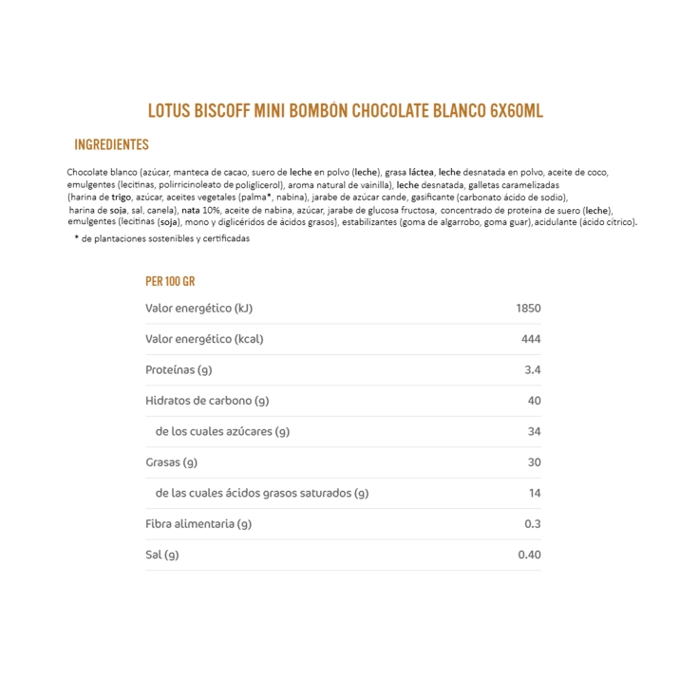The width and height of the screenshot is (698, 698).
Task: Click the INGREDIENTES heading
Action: pyautogui.click(x=111, y=145)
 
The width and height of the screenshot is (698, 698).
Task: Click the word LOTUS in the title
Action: pyautogui.click(x=169, y=110)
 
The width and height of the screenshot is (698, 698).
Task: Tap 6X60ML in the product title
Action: pyautogui.click(x=517, y=110)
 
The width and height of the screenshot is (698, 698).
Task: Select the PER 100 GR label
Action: pyautogui.click(x=170, y=281)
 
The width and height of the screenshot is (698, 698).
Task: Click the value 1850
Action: pyautogui.click(x=528, y=309)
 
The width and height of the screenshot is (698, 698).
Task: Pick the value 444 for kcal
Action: pyautogui.click(x=531, y=339)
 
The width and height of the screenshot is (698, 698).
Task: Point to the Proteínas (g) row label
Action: pyautogui.click(x=179, y=370)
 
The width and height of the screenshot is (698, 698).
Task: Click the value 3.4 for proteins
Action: pyautogui.click(x=532, y=370)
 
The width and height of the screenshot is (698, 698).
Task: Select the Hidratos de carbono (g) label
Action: pyautogui.click(x=207, y=401)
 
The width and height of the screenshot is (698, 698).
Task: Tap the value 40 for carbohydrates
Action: pyautogui.click(x=534, y=401)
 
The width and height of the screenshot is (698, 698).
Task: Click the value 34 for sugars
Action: pyautogui.click(x=534, y=431)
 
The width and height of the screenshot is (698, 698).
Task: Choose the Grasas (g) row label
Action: pyautogui.click(x=171, y=462)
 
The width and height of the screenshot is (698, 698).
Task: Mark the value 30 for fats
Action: pyautogui.click(x=534, y=462)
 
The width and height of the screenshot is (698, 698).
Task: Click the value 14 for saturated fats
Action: pyautogui.click(x=534, y=493)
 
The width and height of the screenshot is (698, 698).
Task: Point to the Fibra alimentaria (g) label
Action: pyautogui.click(x=198, y=524)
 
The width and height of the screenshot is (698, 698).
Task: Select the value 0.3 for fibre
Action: pyautogui.click(x=532, y=524)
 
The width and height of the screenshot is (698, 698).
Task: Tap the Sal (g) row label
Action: pyautogui.click(x=161, y=555)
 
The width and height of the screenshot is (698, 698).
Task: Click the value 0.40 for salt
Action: pyautogui.click(x=529, y=555)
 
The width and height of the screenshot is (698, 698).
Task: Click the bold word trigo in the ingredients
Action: pyautogui.click(x=122, y=198)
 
